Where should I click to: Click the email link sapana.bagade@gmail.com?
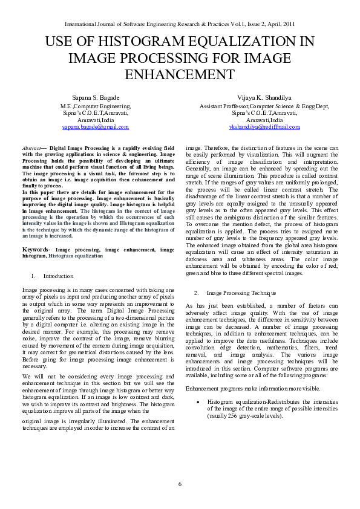tap(95, 127)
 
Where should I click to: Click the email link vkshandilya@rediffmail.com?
tap(264, 127)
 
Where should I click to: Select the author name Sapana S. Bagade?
tap(95, 97)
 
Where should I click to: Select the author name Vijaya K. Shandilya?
tap(264, 97)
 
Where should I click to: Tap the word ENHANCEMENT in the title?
tap(180, 74)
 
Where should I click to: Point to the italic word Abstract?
tap(31, 148)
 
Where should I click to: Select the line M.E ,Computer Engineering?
tap(95, 106)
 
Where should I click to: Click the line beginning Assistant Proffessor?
tap(264, 106)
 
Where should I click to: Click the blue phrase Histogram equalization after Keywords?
tap(76, 256)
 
